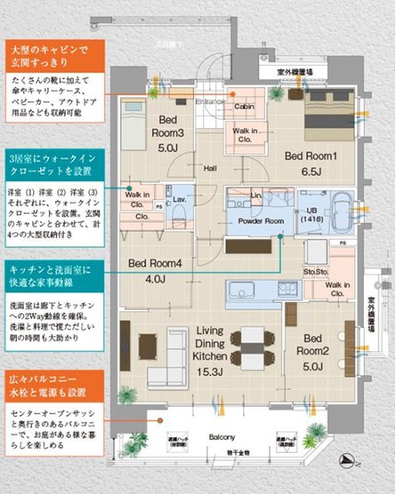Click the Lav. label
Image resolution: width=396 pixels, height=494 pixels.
(178, 199)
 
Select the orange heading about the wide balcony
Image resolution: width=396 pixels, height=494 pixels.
(54, 382)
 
